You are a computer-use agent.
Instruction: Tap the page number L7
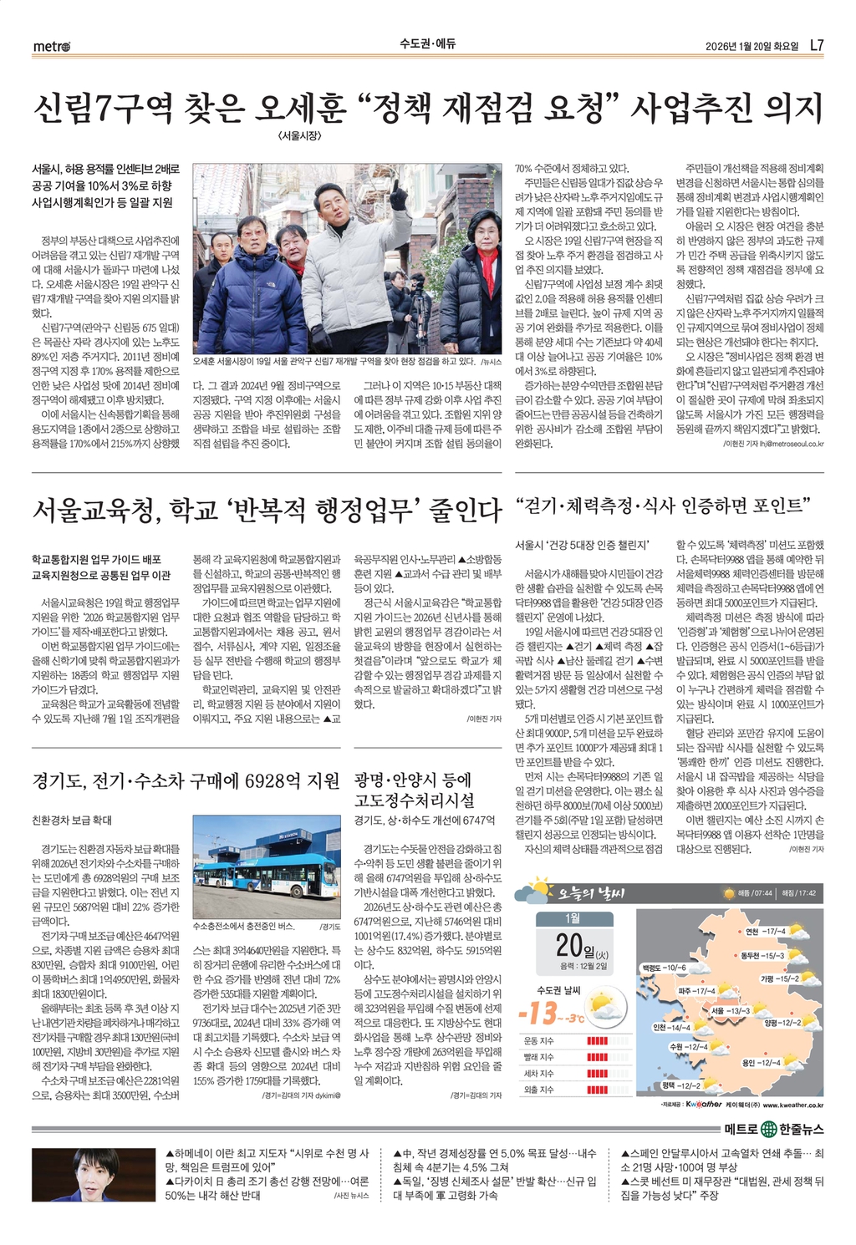point(817,45)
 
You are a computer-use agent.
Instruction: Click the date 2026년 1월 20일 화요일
point(752,46)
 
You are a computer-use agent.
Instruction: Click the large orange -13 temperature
point(538,1014)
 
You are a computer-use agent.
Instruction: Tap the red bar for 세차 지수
point(597,1074)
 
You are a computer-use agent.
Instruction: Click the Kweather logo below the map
point(703,1105)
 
